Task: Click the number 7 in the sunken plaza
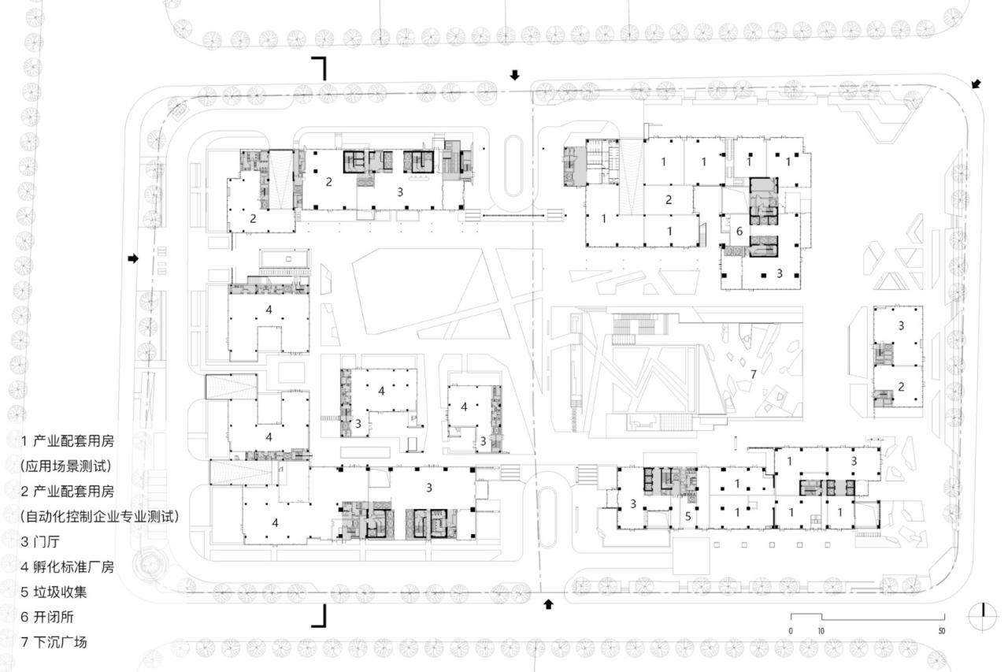(x=754, y=373)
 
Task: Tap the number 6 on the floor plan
(x=739, y=232)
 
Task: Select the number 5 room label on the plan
(x=687, y=517)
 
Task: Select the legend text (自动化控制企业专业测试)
(x=100, y=516)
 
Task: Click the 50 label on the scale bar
(x=941, y=631)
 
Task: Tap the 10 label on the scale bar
(x=821, y=631)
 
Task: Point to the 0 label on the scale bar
(x=791, y=631)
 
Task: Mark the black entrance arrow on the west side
(x=134, y=258)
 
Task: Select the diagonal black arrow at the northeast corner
(x=976, y=84)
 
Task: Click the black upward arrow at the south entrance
(x=549, y=604)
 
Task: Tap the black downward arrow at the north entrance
(x=515, y=75)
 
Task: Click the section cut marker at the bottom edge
(x=319, y=616)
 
